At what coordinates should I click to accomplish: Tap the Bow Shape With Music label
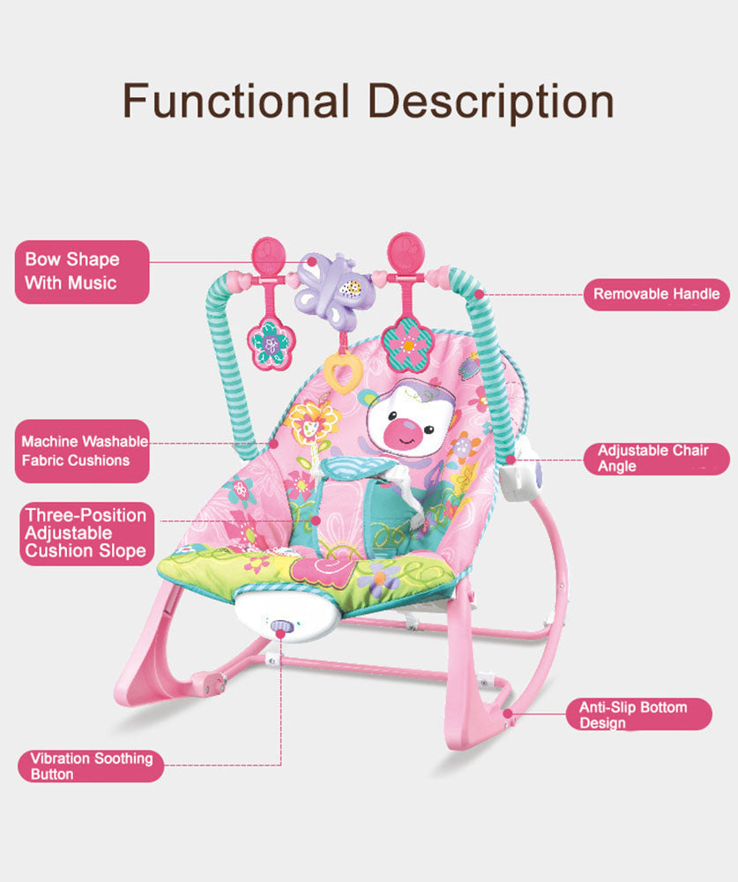[82, 272]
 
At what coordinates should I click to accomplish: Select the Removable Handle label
[656, 294]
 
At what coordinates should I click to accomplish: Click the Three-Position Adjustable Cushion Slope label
[86, 533]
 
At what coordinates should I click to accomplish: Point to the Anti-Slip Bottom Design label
[638, 714]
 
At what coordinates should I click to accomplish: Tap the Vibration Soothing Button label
[91, 766]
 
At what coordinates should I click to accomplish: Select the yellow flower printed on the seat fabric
[310, 422]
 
